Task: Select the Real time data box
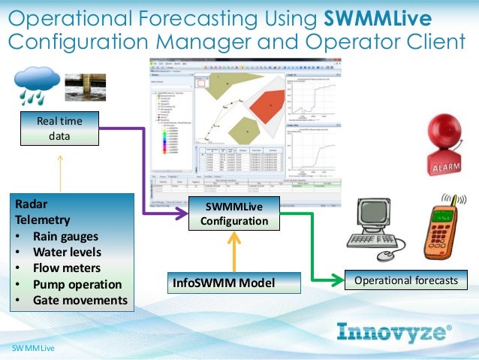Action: tap(60, 128)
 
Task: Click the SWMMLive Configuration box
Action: tap(233, 214)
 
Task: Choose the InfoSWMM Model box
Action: tap(224, 283)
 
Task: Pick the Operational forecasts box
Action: tap(405, 280)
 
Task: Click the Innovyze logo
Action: tap(394, 331)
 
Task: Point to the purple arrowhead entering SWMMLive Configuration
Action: tap(181, 215)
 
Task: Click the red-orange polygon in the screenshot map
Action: tap(268, 108)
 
